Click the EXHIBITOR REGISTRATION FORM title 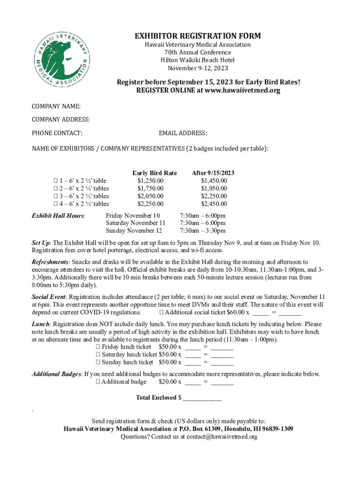pyautogui.click(x=198, y=36)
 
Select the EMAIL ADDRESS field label pyautogui.click(x=183, y=133)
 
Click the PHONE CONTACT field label pyautogui.click(x=57, y=133)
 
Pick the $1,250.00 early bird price pyautogui.click(x=150, y=181)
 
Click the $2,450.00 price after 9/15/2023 pyautogui.click(x=214, y=203)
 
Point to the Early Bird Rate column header pyautogui.click(x=154, y=173)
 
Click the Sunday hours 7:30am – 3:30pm pyautogui.click(x=203, y=231)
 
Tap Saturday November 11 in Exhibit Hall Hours pyautogui.click(x=136, y=223)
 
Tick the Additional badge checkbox pyautogui.click(x=98, y=382)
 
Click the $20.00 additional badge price pyautogui.click(x=167, y=382)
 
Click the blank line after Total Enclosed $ pyautogui.click(x=202, y=398)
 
